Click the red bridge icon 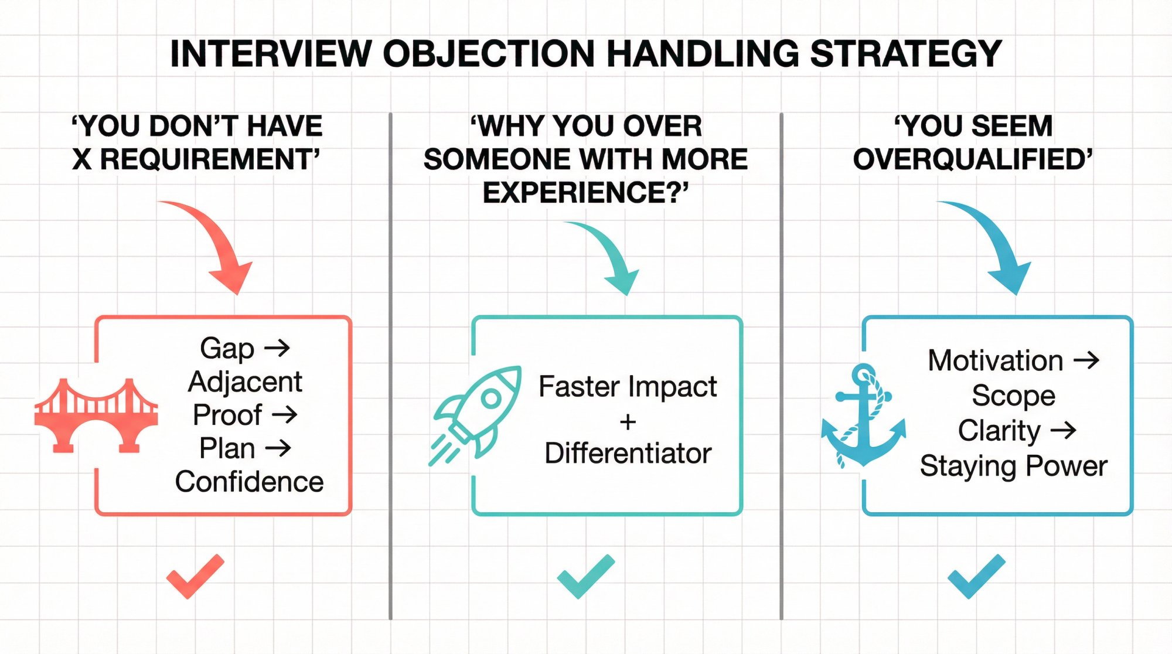pyautogui.click(x=96, y=416)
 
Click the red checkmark pyautogui.click(x=195, y=577)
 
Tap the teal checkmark pyautogui.click(x=585, y=577)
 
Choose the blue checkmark pyautogui.click(x=976, y=577)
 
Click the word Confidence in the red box pyautogui.click(x=249, y=482)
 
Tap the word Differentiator pyautogui.click(x=628, y=454)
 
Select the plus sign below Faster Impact pyautogui.click(x=628, y=422)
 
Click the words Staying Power pyautogui.click(x=1013, y=466)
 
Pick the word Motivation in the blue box pyautogui.click(x=995, y=360)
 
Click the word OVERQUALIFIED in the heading pyautogui.click(x=972, y=159)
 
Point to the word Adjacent pyautogui.click(x=245, y=382)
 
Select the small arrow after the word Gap pyautogui.click(x=277, y=348)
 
